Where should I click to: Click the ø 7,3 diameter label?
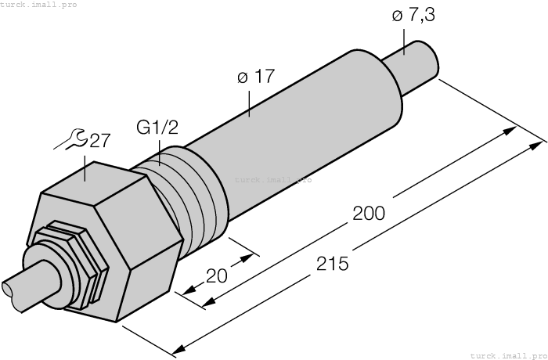[x=410, y=16]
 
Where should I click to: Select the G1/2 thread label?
[x=157, y=128]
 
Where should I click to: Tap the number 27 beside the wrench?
[x=99, y=141]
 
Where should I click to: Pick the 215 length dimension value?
[x=333, y=264]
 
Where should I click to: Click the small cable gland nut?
[x=67, y=262]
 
